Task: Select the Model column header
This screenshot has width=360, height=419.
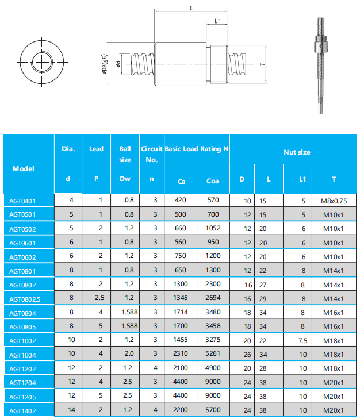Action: pyautogui.click(x=23, y=169)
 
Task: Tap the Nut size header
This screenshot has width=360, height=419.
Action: pyautogui.click(x=297, y=152)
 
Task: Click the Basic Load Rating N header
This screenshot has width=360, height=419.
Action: pyautogui.click(x=197, y=149)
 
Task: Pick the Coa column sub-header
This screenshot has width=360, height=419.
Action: pyautogui.click(x=212, y=181)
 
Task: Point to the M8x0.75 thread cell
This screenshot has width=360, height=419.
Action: pyautogui.click(x=334, y=201)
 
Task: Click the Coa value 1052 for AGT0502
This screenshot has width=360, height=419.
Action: pyautogui.click(x=212, y=229)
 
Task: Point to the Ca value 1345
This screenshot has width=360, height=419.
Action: pyautogui.click(x=181, y=298)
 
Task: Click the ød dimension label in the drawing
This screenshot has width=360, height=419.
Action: pyautogui.click(x=117, y=64)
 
